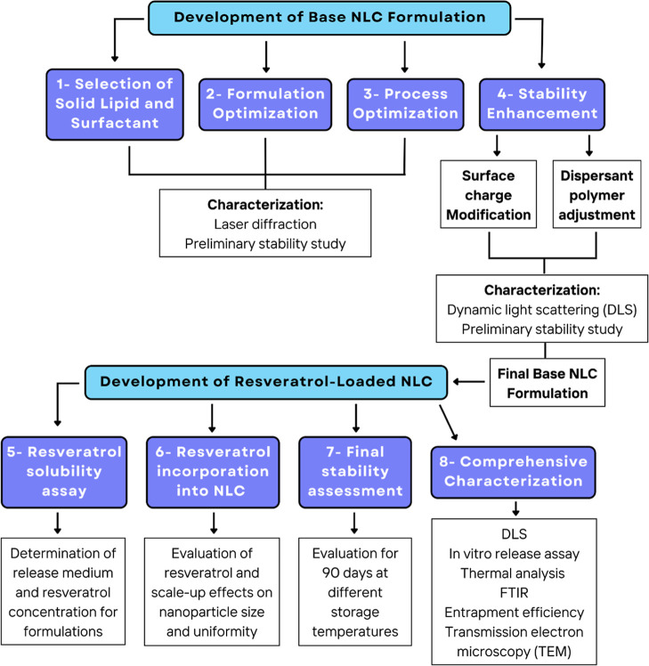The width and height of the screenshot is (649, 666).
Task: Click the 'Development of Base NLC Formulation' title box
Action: (329, 18)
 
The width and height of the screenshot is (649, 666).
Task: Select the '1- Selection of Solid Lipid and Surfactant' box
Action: (115, 104)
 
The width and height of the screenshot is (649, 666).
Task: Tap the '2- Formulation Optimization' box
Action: (265, 104)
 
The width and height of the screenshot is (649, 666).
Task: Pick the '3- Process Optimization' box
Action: (405, 104)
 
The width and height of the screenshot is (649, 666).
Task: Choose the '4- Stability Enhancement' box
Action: (542, 104)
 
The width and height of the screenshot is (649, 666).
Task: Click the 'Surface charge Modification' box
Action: (489, 194)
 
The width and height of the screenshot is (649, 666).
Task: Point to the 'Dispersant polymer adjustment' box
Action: (596, 194)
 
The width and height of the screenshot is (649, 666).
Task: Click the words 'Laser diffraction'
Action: (265, 223)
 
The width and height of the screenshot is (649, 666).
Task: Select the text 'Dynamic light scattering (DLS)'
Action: (542, 310)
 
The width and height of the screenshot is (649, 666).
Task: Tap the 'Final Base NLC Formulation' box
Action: (548, 383)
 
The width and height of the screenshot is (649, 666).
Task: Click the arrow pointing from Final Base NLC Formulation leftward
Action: (469, 381)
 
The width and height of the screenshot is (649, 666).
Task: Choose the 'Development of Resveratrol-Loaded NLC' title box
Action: (266, 382)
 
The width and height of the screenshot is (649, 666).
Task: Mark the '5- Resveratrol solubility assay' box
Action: (64, 472)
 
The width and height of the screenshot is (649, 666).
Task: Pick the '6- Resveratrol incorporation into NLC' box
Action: (213, 472)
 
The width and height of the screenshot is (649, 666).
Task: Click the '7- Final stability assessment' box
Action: (355, 472)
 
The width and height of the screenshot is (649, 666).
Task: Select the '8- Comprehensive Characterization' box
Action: (513, 472)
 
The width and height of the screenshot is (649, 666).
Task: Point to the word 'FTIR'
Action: (514, 592)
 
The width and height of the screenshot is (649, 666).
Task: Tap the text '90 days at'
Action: (355, 573)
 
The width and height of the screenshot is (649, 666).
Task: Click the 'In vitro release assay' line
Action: (514, 554)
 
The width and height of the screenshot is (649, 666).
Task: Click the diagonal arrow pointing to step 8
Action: (449, 423)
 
